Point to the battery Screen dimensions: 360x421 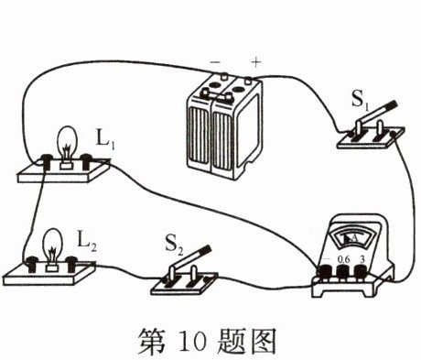pos(221,127)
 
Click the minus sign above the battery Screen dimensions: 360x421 pos(216,60)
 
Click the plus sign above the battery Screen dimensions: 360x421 pos(255,60)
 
